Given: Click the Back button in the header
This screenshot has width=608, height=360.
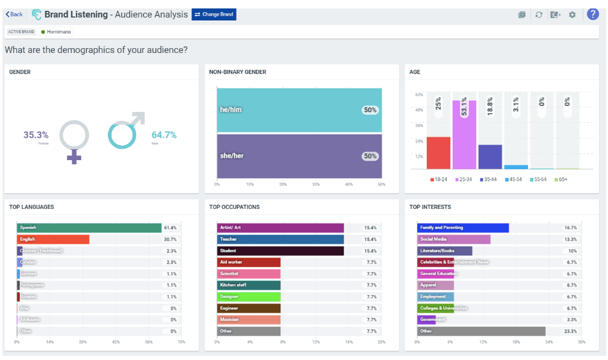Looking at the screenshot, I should (x=14, y=14).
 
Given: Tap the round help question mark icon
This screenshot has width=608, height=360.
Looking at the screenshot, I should (x=592, y=14).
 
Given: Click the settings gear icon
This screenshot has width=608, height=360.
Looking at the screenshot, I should (x=572, y=14).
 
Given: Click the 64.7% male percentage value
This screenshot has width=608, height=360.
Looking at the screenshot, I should (x=164, y=135).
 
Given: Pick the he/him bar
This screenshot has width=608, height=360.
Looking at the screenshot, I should (x=299, y=110).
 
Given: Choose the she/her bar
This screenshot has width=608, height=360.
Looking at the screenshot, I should (x=299, y=156).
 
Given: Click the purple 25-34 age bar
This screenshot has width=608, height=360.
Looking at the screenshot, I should (x=464, y=134).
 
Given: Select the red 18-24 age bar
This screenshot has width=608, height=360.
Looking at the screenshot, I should (x=438, y=153).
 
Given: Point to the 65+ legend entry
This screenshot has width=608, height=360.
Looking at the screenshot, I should (x=561, y=179).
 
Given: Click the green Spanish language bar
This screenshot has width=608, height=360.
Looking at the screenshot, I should (x=89, y=228).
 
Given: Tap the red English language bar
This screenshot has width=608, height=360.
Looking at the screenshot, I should (x=53, y=240).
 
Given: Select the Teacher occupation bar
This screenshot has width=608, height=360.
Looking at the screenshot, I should (x=280, y=240).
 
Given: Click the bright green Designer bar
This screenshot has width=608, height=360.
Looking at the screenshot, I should (x=249, y=297).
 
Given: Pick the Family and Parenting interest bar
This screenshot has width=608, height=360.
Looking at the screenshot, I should (x=463, y=228).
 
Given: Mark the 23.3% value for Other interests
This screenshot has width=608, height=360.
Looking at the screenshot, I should (x=570, y=332).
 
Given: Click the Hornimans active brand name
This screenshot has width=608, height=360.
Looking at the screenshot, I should (x=59, y=31).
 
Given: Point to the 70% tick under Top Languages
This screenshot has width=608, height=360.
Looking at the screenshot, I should (x=181, y=342).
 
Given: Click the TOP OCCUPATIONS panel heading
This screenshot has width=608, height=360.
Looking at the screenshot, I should (x=234, y=207).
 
